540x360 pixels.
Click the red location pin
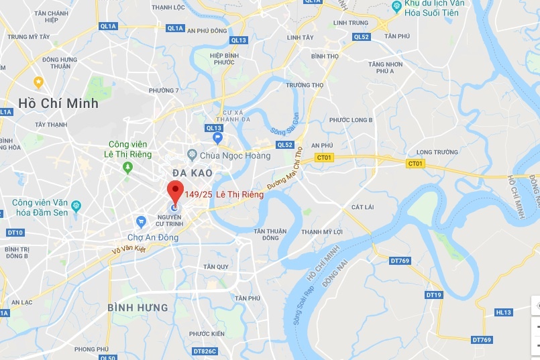click(x=174, y=190)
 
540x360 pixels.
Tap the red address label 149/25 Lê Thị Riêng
click(x=223, y=195)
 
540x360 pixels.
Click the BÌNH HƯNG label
click(x=138, y=307)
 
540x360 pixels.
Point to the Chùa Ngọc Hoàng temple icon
click(x=193, y=156)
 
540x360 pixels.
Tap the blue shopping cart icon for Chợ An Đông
click(x=141, y=221)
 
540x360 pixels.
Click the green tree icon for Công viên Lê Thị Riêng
click(x=127, y=168)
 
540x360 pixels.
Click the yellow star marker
click(x=39, y=82)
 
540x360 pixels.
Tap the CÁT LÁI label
click(x=362, y=207)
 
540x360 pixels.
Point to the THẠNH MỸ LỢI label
click(x=322, y=232)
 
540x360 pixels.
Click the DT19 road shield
click(x=433, y=295)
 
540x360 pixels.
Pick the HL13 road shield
click(x=503, y=312)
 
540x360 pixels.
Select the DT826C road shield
click(x=205, y=351)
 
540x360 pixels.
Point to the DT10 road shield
click(x=15, y=233)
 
